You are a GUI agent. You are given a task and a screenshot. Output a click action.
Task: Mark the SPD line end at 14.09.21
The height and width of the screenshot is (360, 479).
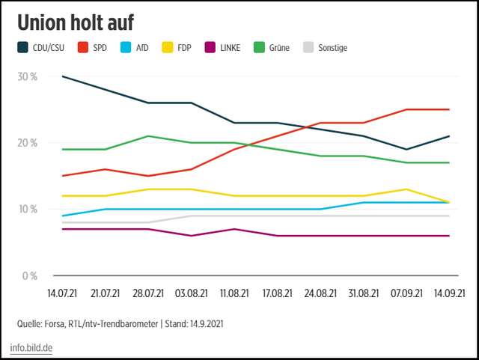(x=448, y=109)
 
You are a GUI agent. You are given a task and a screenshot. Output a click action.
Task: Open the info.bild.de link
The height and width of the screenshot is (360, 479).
(x=31, y=348)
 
